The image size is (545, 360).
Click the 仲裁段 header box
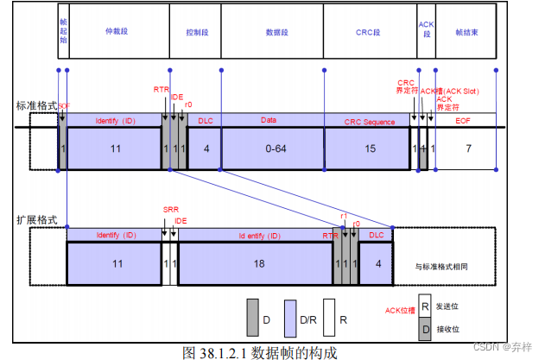115,30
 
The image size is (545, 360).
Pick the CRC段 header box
369,30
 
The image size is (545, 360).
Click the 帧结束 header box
466,30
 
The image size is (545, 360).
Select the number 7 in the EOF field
468,149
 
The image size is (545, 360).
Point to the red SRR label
170,210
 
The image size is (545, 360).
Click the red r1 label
343,216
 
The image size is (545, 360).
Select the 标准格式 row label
36,105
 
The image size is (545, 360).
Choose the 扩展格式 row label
36,219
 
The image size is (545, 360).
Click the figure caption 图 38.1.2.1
260,351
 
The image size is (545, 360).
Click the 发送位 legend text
448,306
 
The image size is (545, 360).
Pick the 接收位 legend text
448,328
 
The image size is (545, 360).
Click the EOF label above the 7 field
466,121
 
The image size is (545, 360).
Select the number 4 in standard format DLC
206,149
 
